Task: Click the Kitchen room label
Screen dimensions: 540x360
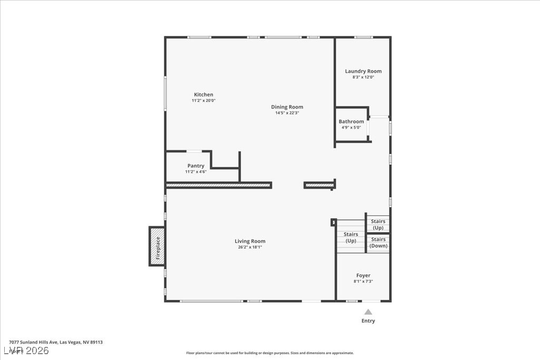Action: click(204, 95)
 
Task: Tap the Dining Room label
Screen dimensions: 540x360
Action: click(287, 107)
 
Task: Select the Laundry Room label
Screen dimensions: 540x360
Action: click(363, 71)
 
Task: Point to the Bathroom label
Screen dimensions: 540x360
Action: click(351, 121)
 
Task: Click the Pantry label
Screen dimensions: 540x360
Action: click(196, 166)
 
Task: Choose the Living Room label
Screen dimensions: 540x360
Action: click(250, 241)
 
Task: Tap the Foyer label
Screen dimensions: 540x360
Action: click(363, 275)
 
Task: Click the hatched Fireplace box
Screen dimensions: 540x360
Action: click(157, 246)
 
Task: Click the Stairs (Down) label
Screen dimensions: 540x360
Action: click(378, 242)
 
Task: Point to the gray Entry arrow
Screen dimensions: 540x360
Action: click(368, 312)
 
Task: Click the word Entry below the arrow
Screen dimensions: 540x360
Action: click(368, 321)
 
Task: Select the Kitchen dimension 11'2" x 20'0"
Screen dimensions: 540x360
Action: click(204, 101)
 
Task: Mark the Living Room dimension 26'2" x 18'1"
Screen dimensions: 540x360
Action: click(250, 247)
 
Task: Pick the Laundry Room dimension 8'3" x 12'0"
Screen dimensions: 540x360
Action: click(363, 77)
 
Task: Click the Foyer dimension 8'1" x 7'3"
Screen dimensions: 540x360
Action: click(363, 281)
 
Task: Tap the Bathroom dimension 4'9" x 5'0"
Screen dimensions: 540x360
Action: click(351, 128)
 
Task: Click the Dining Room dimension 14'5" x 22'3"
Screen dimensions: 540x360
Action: click(287, 113)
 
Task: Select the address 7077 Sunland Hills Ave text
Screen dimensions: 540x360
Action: click(33, 342)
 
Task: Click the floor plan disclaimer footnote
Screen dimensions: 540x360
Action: click(270, 353)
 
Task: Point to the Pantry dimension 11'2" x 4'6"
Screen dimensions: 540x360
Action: click(196, 172)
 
